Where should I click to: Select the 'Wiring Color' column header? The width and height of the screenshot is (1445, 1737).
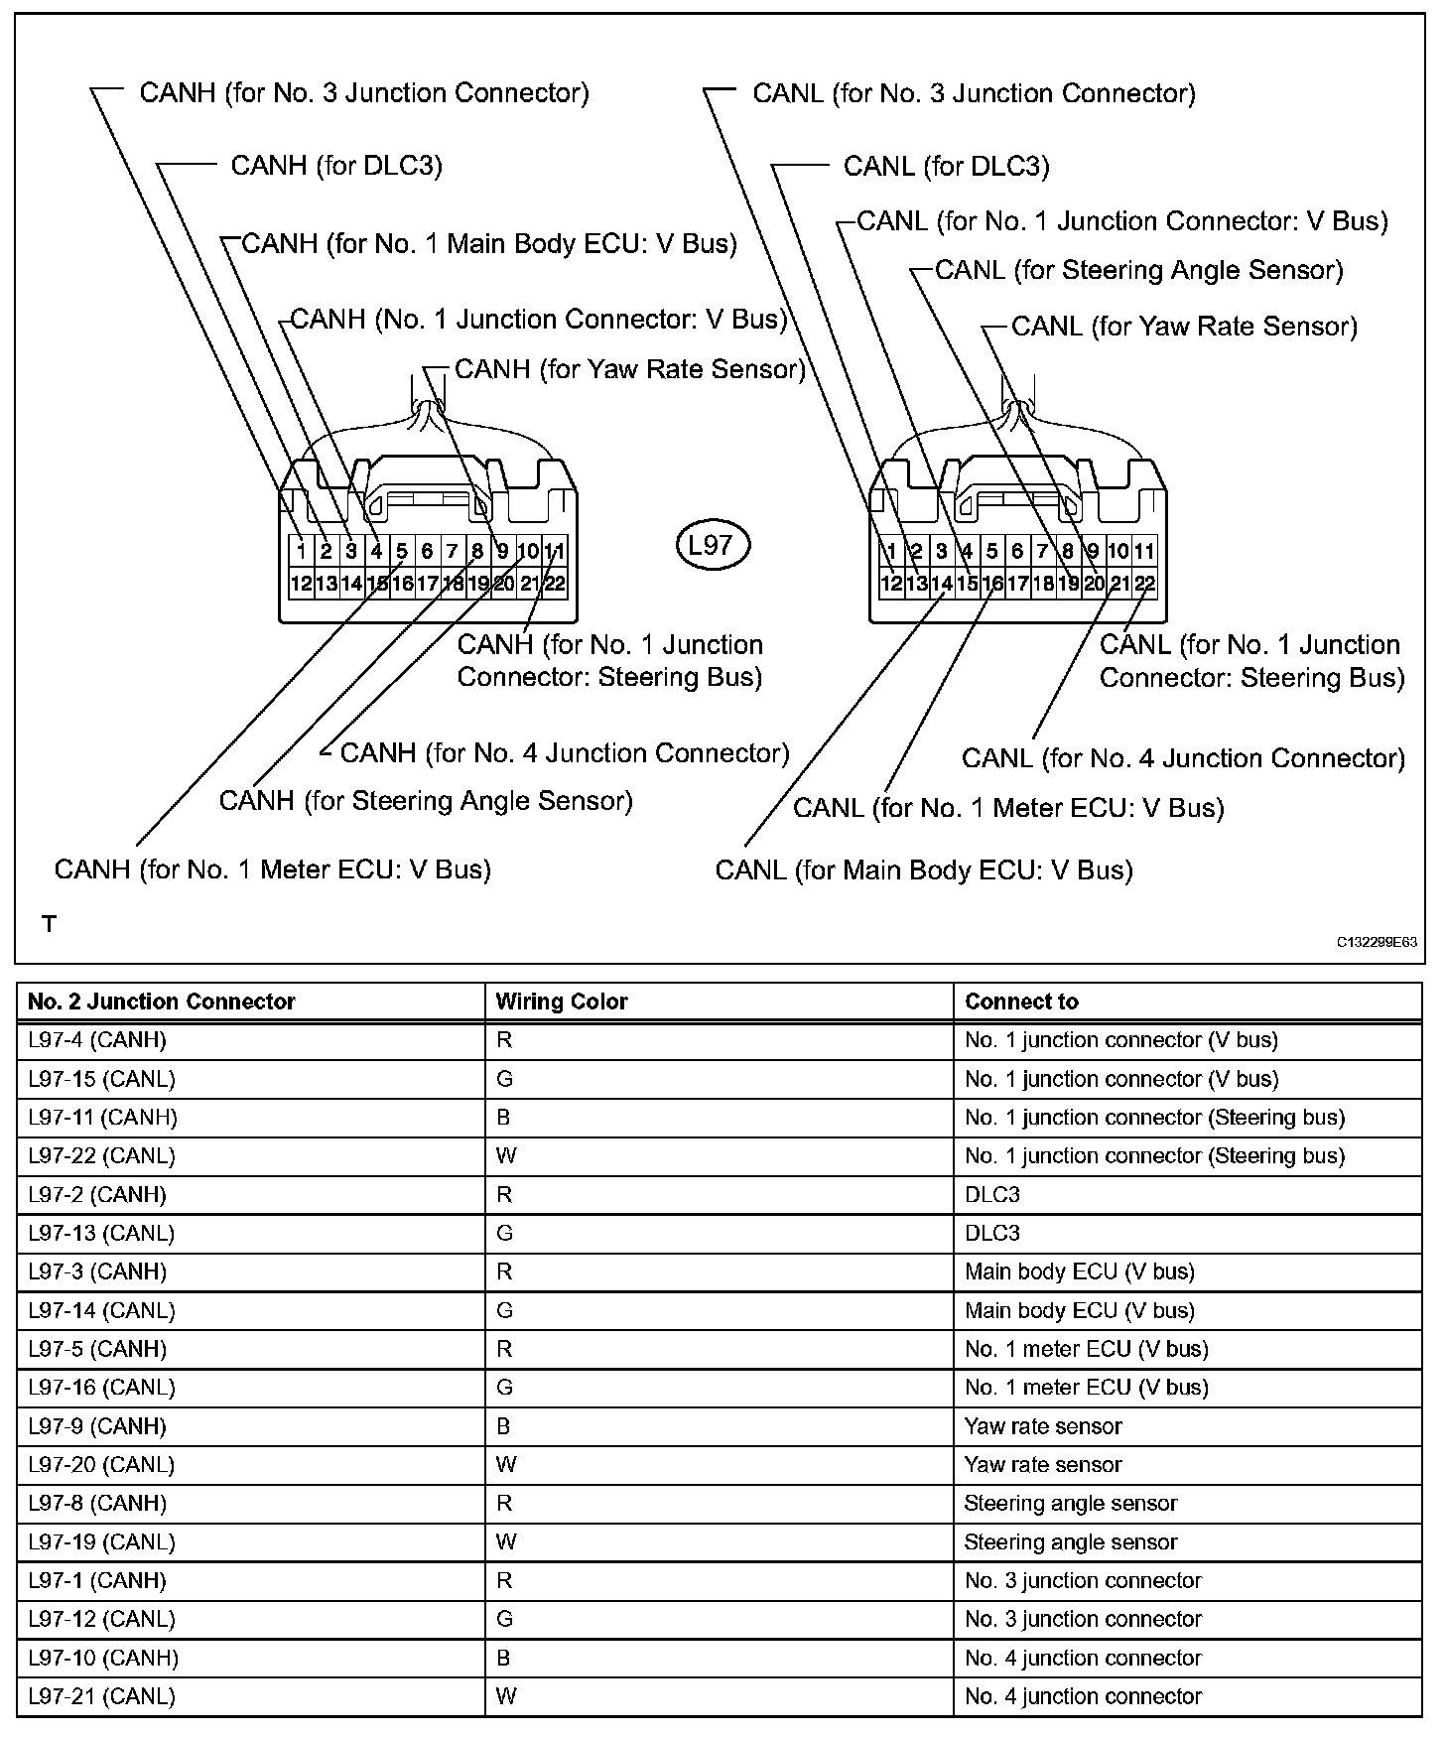[x=562, y=1002]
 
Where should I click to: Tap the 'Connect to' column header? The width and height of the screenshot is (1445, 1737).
[x=1021, y=1002]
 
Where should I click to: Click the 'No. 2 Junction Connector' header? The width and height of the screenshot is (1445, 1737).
[x=162, y=1002]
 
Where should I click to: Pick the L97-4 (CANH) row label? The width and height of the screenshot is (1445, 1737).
[x=97, y=1040]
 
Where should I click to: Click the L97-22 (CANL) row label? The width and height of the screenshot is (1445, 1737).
[x=101, y=1156]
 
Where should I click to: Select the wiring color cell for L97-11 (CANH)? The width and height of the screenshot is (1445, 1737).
[x=504, y=1118]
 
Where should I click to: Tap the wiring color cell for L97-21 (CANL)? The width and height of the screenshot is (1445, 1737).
[x=506, y=1696]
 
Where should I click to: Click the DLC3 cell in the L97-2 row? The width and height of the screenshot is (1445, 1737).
[x=992, y=1195]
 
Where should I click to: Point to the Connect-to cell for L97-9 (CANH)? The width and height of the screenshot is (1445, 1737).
[x=1043, y=1426]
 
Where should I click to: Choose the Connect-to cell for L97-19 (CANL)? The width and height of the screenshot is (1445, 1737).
[x=1071, y=1542]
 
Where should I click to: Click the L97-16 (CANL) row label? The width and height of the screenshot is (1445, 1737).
[x=101, y=1388]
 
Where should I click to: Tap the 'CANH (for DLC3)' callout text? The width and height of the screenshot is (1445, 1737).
[x=336, y=166]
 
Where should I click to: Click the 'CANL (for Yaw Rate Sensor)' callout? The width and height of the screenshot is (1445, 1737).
[x=1184, y=327]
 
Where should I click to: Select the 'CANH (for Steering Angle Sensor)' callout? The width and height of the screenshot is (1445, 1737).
[x=426, y=801]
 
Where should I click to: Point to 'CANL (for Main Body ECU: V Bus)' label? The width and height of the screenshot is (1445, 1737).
[x=924, y=870]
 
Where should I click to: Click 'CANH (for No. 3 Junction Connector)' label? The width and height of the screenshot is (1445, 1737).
[x=364, y=93]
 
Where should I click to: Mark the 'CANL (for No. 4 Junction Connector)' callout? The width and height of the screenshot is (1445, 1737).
[x=1183, y=759]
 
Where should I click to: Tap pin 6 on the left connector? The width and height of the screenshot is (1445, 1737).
[x=427, y=551]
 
